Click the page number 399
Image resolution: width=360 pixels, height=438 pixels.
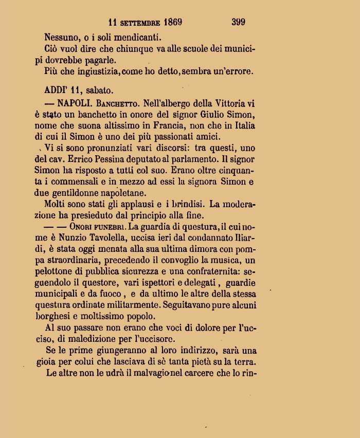[238, 22]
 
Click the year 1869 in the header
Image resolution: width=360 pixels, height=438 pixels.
[172, 22]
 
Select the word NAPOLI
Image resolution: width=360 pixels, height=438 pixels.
[76, 102]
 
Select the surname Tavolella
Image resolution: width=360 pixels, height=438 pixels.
[115, 238]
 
